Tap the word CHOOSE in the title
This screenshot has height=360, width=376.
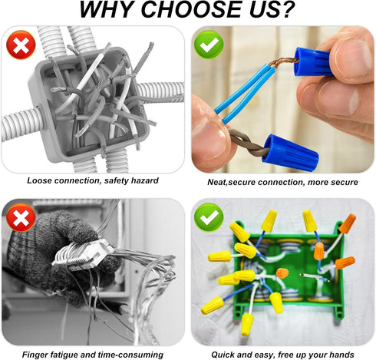[202, 11]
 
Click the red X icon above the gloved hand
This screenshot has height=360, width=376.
[20, 218]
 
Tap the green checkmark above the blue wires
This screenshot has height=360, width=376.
[209, 45]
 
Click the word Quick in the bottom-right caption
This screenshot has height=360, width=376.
[223, 355]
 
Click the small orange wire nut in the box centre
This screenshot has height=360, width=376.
[282, 272]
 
